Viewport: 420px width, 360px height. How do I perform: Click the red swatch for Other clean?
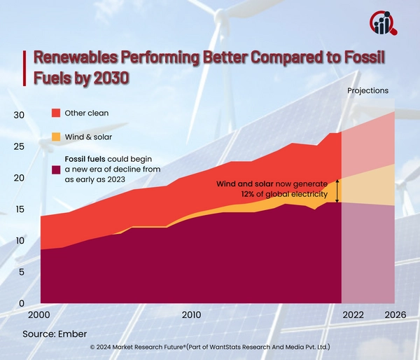pyautogui.click(x=56, y=113)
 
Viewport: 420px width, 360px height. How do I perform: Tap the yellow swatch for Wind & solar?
pyautogui.click(x=56, y=137)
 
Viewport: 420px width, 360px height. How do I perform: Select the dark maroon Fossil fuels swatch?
pyautogui.click(x=56, y=169)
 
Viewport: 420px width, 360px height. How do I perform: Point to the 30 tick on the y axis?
pyautogui.click(x=20, y=115)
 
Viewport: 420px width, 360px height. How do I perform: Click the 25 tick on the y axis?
pyautogui.click(x=20, y=146)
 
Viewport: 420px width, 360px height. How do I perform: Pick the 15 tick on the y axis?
pyautogui.click(x=20, y=209)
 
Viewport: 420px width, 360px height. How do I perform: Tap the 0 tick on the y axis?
pyautogui.click(x=22, y=303)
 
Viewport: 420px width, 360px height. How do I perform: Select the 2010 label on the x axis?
pyautogui.click(x=192, y=316)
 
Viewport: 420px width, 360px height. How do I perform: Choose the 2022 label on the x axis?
pyautogui.click(x=353, y=316)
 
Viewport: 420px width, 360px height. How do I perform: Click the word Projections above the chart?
pyautogui.click(x=367, y=91)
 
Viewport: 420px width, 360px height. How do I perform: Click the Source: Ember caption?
pyautogui.click(x=53, y=335)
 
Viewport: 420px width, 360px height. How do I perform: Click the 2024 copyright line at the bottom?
pyautogui.click(x=210, y=347)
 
